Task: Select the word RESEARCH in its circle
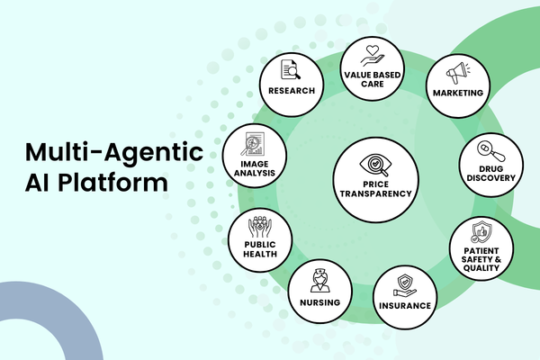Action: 292,91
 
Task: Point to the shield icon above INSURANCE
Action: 403,284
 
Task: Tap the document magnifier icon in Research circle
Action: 292,69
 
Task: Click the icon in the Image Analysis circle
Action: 255,144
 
